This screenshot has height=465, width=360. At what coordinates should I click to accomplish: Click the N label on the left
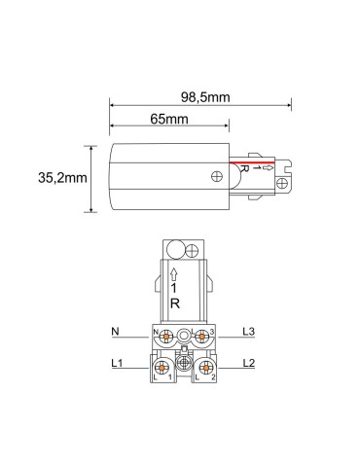[x=115, y=332]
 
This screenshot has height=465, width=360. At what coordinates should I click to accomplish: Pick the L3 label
[x=248, y=332]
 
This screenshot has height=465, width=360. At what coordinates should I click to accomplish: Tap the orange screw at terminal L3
[x=200, y=338]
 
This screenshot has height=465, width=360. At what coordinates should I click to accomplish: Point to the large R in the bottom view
[x=175, y=303]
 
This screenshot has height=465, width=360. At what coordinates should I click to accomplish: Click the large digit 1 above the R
[x=175, y=286]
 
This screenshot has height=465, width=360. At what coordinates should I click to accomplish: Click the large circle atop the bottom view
[x=177, y=249]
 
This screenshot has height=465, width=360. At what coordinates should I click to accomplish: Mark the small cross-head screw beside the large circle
[x=194, y=249]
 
